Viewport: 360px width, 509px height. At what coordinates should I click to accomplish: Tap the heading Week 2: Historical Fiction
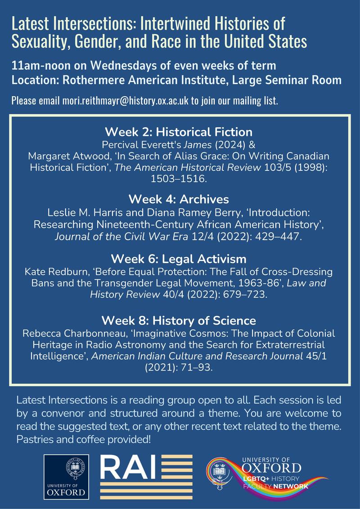179,132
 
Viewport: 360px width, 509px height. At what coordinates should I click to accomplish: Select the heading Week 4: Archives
179,199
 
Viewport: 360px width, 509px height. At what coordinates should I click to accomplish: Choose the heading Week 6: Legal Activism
179,259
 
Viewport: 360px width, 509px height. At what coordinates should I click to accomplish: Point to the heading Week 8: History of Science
179,321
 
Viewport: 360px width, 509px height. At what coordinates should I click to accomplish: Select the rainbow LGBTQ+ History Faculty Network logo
265,476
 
